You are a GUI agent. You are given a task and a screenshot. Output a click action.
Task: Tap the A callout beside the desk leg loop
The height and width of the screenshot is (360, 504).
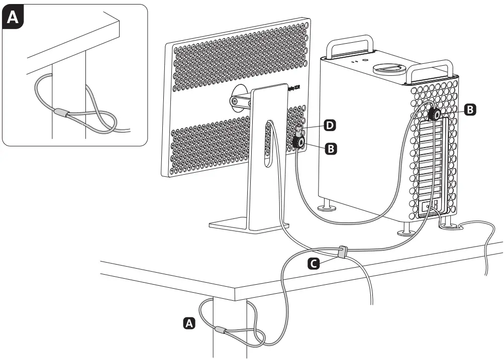[x=189, y=323]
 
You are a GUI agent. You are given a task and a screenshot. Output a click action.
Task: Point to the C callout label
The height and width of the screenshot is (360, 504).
[x=314, y=262]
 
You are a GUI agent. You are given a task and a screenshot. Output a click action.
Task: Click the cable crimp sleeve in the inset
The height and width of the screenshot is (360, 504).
[x=63, y=113]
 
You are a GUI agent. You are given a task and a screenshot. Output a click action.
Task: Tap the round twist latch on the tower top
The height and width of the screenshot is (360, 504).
[x=389, y=67]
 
